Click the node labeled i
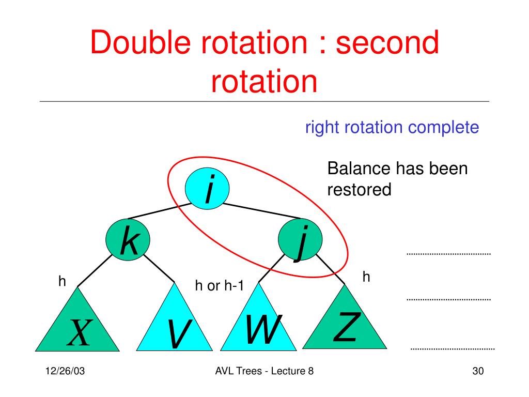pos(208,189)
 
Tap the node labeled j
pos(300,241)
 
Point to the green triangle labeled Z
pos(345,323)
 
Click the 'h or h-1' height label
pos(219,286)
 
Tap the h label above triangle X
pos(63,281)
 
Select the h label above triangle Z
pos(366,277)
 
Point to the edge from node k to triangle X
pos(96,270)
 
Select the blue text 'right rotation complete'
pos(392,127)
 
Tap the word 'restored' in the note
pos(360,190)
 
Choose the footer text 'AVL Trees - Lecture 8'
pos(264,372)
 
